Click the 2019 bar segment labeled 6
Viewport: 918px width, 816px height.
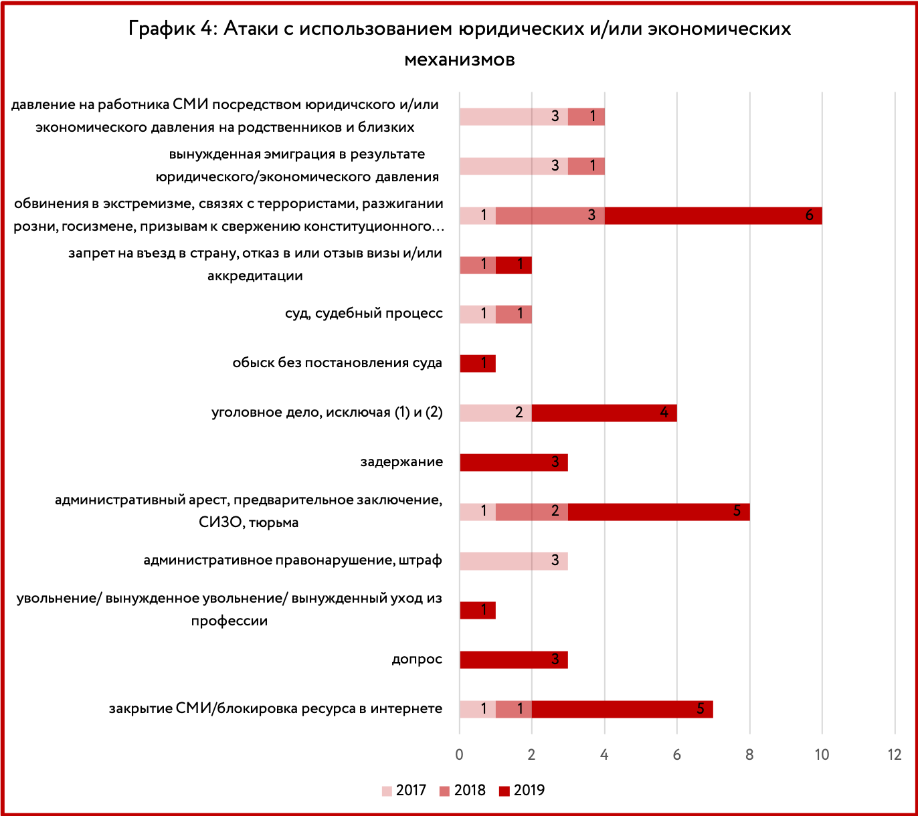[713, 215]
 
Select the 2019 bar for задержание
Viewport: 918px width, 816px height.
[514, 463]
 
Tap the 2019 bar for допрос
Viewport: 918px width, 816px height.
[514, 659]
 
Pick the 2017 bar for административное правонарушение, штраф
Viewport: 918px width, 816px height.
[514, 561]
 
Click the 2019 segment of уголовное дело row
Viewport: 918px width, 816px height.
[604, 413]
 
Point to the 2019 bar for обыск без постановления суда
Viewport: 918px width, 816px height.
[478, 364]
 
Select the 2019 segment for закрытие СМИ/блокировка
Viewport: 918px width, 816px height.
[622, 709]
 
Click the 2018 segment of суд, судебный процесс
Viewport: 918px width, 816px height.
[514, 314]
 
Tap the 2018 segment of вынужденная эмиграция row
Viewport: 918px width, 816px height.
[586, 167]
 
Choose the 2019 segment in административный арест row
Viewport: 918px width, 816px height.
[659, 512]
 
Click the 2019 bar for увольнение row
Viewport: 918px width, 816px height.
[478, 610]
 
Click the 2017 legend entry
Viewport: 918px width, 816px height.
[403, 791]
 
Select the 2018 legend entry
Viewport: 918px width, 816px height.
[462, 791]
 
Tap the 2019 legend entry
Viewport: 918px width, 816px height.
[521, 791]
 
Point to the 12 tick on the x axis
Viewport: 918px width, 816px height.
[895, 754]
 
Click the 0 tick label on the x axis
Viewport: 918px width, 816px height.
[459, 754]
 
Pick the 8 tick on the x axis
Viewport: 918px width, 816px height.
[749, 754]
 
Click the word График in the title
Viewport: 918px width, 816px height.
[161, 29]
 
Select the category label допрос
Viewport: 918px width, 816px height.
[417, 659]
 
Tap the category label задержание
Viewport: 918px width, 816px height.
[401, 462]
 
